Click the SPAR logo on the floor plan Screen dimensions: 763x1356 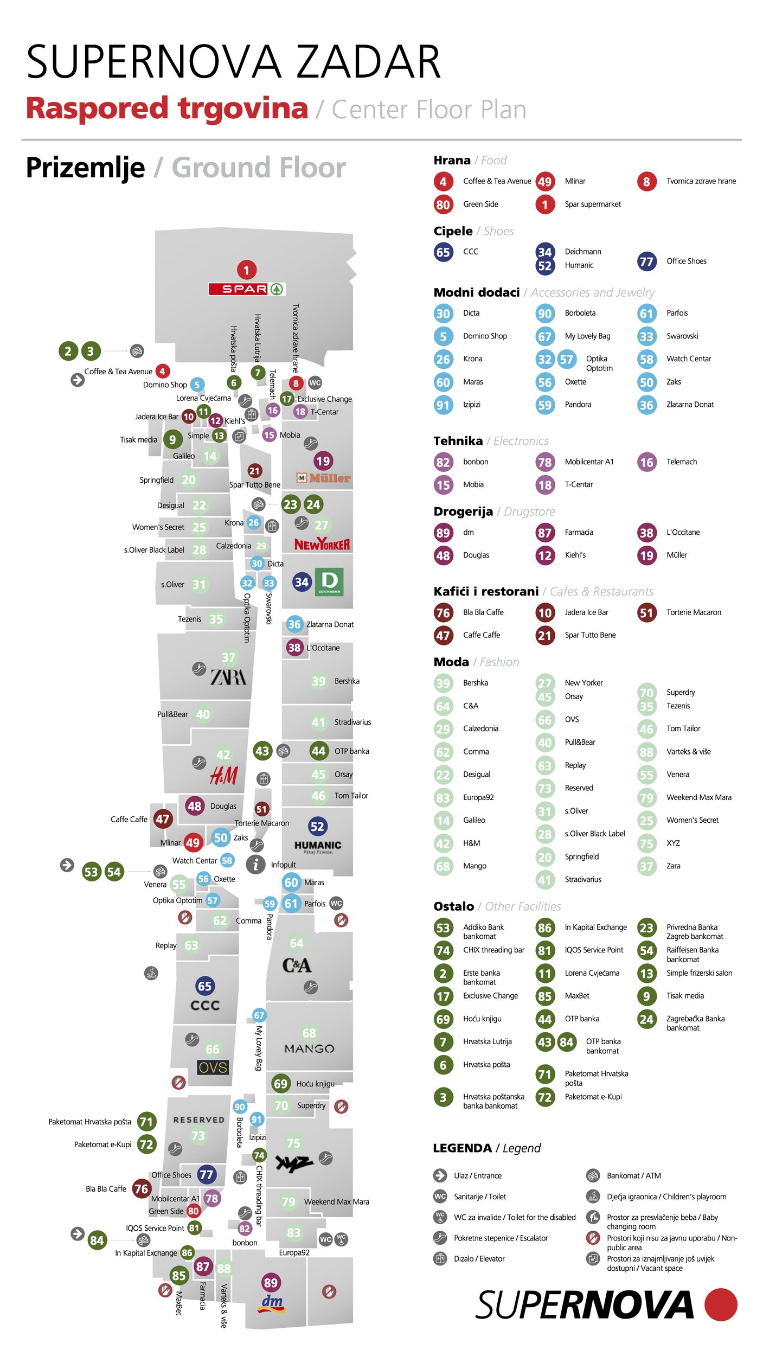tap(247, 289)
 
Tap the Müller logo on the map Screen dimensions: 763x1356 tap(324, 478)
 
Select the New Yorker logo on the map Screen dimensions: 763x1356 tap(322, 544)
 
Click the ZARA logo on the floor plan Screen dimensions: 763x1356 tap(228, 677)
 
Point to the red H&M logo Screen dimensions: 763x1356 tap(223, 776)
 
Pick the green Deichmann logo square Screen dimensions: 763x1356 tap(329, 582)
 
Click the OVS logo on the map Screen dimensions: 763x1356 tap(213, 1067)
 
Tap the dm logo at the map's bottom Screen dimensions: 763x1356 tap(272, 1303)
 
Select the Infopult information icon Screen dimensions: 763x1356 tap(255, 864)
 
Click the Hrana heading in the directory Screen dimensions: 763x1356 tap(452, 161)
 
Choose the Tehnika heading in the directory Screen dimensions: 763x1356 tap(458, 441)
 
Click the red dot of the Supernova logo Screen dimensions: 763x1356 tap(721, 1304)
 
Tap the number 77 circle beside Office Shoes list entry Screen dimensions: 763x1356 tap(646, 261)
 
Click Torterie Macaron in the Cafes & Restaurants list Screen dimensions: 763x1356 tap(694, 612)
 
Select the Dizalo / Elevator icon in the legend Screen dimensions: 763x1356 tap(440, 1258)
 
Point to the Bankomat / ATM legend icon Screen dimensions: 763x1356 tap(593, 1175)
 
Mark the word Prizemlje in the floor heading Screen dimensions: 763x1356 tap(85, 168)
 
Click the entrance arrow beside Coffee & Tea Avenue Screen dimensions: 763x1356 tap(78, 380)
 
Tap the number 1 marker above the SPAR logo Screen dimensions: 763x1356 tap(246, 270)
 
